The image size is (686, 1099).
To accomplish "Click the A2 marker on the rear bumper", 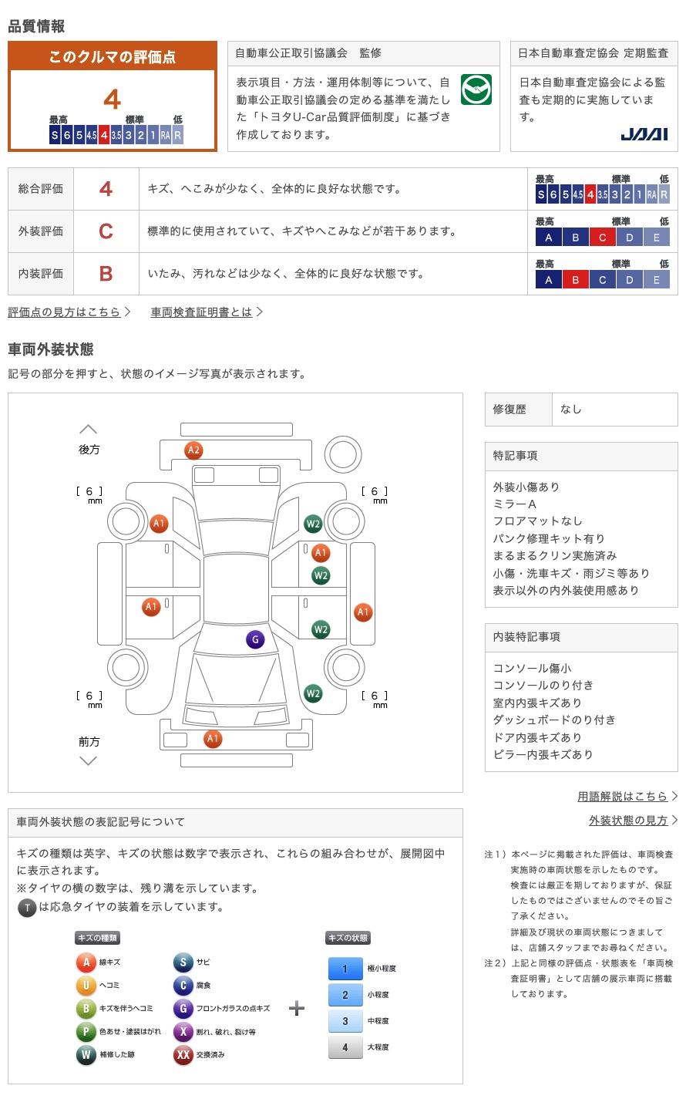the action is click(x=193, y=450).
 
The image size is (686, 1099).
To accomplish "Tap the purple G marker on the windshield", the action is click(x=255, y=639).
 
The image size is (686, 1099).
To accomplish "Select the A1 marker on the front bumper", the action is click(x=212, y=739).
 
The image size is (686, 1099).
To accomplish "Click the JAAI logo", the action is click(x=644, y=134).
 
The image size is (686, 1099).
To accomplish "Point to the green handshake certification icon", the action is click(x=476, y=89).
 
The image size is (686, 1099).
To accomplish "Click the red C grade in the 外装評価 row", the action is click(x=106, y=231).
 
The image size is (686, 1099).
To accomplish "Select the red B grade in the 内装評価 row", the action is click(x=106, y=274).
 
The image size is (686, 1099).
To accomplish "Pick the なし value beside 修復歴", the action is click(x=571, y=410).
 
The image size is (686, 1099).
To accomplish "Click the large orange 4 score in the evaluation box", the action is click(x=113, y=99).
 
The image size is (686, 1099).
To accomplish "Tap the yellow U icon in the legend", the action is click(x=86, y=985).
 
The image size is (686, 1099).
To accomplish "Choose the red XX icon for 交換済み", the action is click(x=183, y=1054).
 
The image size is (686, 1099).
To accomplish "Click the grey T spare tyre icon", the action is click(x=27, y=908).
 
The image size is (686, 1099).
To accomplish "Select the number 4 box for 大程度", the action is click(x=345, y=1047).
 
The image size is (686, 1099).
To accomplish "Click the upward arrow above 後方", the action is click(x=89, y=430).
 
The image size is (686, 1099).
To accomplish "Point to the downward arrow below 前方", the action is click(x=89, y=761).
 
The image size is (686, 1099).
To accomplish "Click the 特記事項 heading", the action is click(x=515, y=456).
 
